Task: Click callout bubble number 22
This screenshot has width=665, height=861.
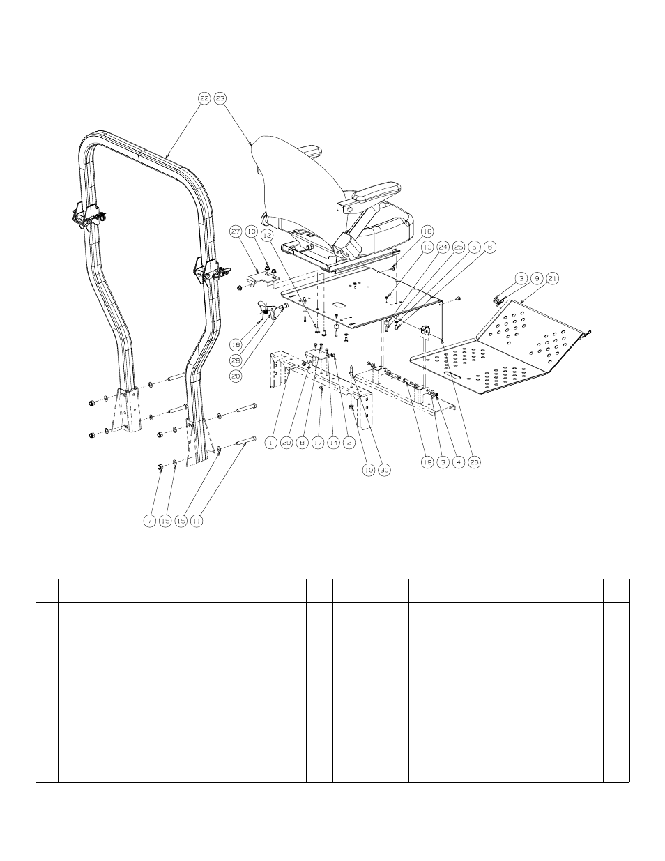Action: click(x=204, y=99)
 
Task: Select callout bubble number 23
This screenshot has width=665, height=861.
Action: click(x=220, y=99)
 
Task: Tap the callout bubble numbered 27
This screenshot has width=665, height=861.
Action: click(x=235, y=231)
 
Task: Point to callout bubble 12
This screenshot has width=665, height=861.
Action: click(x=267, y=236)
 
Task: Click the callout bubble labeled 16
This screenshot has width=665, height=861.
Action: click(x=427, y=230)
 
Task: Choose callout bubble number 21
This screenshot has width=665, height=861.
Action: click(x=553, y=277)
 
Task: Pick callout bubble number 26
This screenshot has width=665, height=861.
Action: click(x=475, y=461)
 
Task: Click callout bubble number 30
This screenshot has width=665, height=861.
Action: click(x=385, y=470)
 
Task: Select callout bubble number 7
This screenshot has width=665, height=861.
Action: click(x=149, y=520)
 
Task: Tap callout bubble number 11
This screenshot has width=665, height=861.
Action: click(x=197, y=520)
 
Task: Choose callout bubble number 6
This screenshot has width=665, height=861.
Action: click(x=491, y=247)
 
